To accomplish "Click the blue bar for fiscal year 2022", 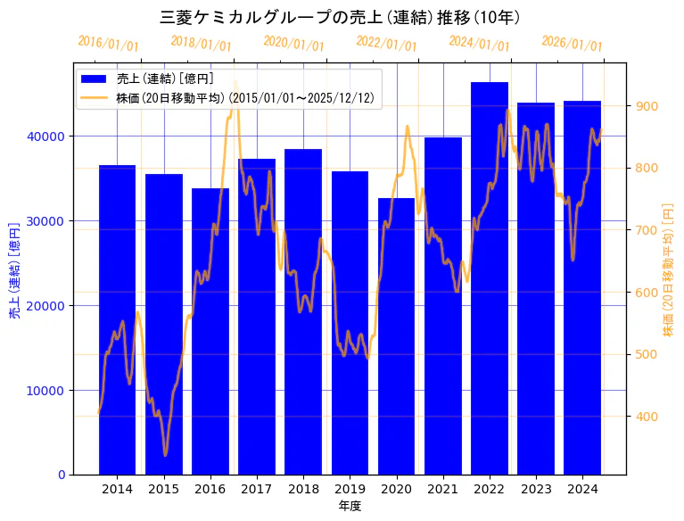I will point(490,277).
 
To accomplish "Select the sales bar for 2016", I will point(210,331).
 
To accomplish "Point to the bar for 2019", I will point(350,322).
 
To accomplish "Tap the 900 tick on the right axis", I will point(647,106).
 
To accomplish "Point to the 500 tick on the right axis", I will point(647,354).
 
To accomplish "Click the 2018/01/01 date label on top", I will point(201,44).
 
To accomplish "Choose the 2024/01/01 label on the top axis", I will point(479,44).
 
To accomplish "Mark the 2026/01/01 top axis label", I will point(572,44).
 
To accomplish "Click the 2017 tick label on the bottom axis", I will point(257,489).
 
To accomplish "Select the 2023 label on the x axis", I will point(536,489).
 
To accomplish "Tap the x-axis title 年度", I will point(350,506).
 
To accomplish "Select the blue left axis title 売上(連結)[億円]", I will point(14,270).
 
